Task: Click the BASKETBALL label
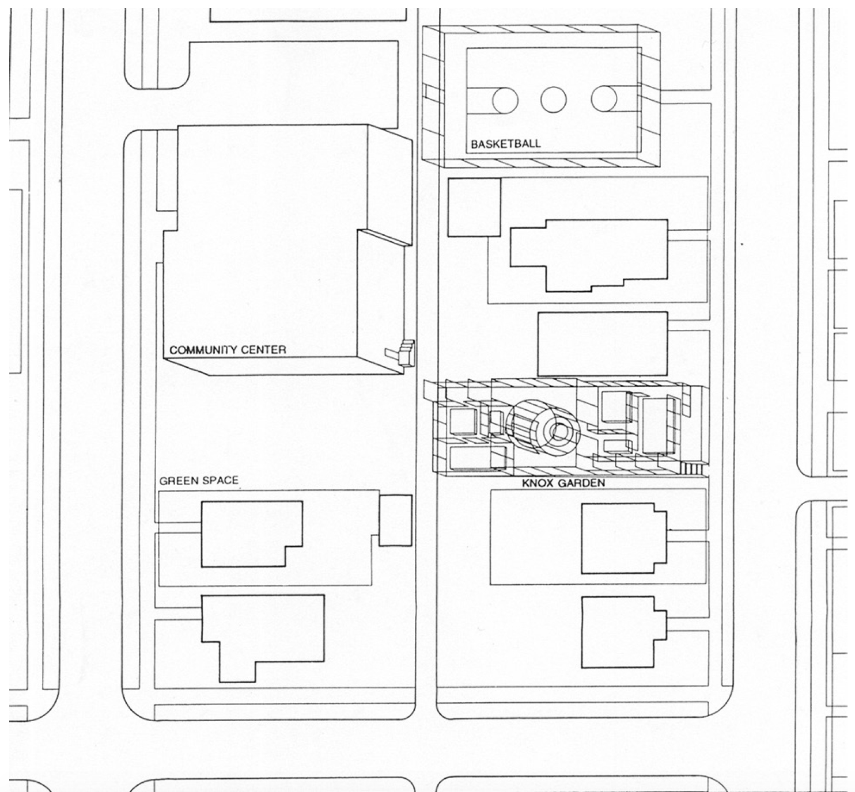[x=506, y=144]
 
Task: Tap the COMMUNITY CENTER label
[x=228, y=350]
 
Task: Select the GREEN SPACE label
[x=199, y=481]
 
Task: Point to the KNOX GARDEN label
[x=563, y=483]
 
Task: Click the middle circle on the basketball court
[x=553, y=100]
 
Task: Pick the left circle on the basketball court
[x=505, y=100]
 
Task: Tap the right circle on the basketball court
[x=604, y=99]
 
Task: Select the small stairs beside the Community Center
[x=406, y=352]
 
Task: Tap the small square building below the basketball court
[x=474, y=207]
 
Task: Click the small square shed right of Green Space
[x=395, y=520]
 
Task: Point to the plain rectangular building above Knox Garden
[x=602, y=344]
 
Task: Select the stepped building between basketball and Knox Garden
[x=589, y=253]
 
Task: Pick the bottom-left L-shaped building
[x=262, y=633]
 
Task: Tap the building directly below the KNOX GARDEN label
[x=622, y=538]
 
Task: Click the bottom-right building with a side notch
[x=622, y=632]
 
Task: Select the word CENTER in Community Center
[x=264, y=350]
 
